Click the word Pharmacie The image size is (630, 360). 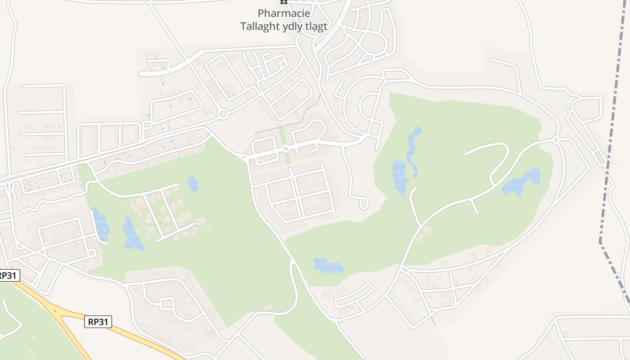tap(283, 13)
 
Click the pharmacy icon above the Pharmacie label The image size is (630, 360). tap(283, 2)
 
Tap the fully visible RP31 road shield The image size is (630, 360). tap(98, 321)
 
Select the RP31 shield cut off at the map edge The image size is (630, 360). tap(9, 275)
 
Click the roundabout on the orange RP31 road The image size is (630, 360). tap(55, 310)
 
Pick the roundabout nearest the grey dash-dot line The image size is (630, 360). tap(556, 140)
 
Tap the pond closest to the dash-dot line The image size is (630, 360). tap(522, 182)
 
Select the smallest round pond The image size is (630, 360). tap(193, 183)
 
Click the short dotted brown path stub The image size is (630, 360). tap(433, 320)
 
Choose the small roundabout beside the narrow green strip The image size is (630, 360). tap(285, 148)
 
